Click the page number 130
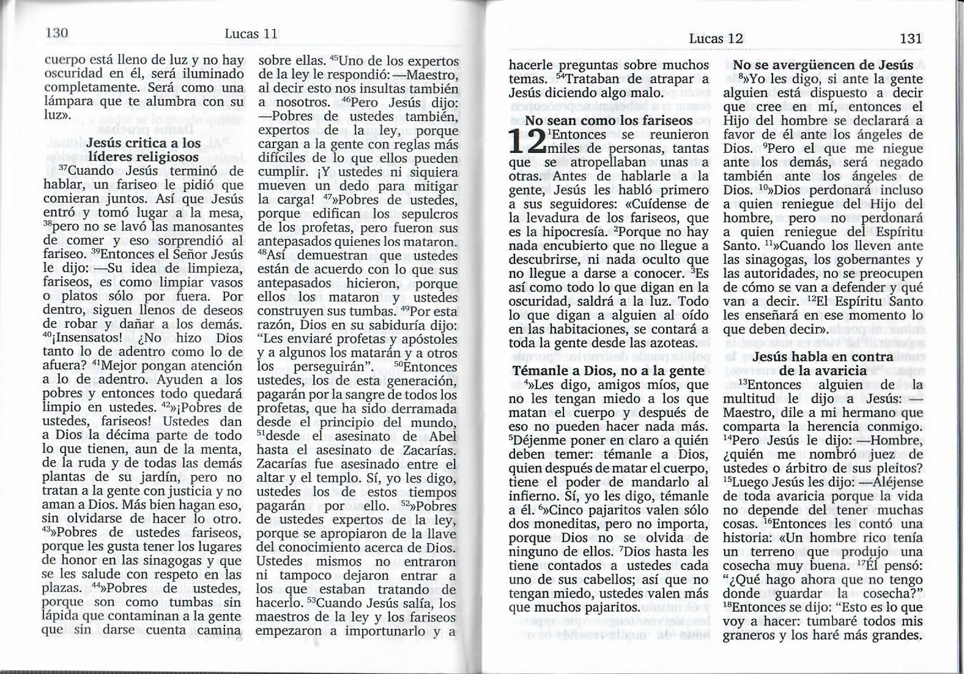56,32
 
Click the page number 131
911,38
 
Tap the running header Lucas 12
716,38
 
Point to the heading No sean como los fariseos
609,120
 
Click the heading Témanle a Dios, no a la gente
609,371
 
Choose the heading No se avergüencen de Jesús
823,65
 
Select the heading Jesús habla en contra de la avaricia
823,364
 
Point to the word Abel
443,437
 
